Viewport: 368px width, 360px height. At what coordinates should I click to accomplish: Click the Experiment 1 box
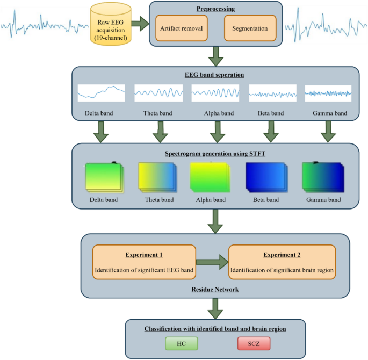click(143, 262)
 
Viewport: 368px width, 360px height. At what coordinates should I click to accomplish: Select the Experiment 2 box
click(282, 262)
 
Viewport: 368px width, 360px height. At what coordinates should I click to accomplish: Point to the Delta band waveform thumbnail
click(101, 93)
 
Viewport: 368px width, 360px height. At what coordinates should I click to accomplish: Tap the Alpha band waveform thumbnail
click(215, 93)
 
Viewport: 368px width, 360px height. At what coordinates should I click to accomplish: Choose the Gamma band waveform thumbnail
click(328, 93)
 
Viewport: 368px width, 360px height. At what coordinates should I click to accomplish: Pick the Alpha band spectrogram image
click(210, 178)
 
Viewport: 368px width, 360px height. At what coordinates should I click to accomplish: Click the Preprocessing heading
click(215, 9)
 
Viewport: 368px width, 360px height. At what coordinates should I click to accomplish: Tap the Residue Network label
click(215, 289)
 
